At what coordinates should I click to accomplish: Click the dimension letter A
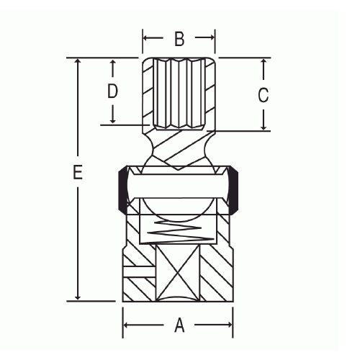coord(179,325)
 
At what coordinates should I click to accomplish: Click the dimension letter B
coord(179,39)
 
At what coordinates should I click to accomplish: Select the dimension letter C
coord(263,95)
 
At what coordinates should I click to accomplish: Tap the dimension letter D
coord(112,91)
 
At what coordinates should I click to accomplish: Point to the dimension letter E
coord(78,172)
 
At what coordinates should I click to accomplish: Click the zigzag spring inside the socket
coord(181,230)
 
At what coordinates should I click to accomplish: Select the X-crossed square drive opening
coord(178,273)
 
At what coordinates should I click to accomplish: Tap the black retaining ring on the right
coord(233,189)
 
